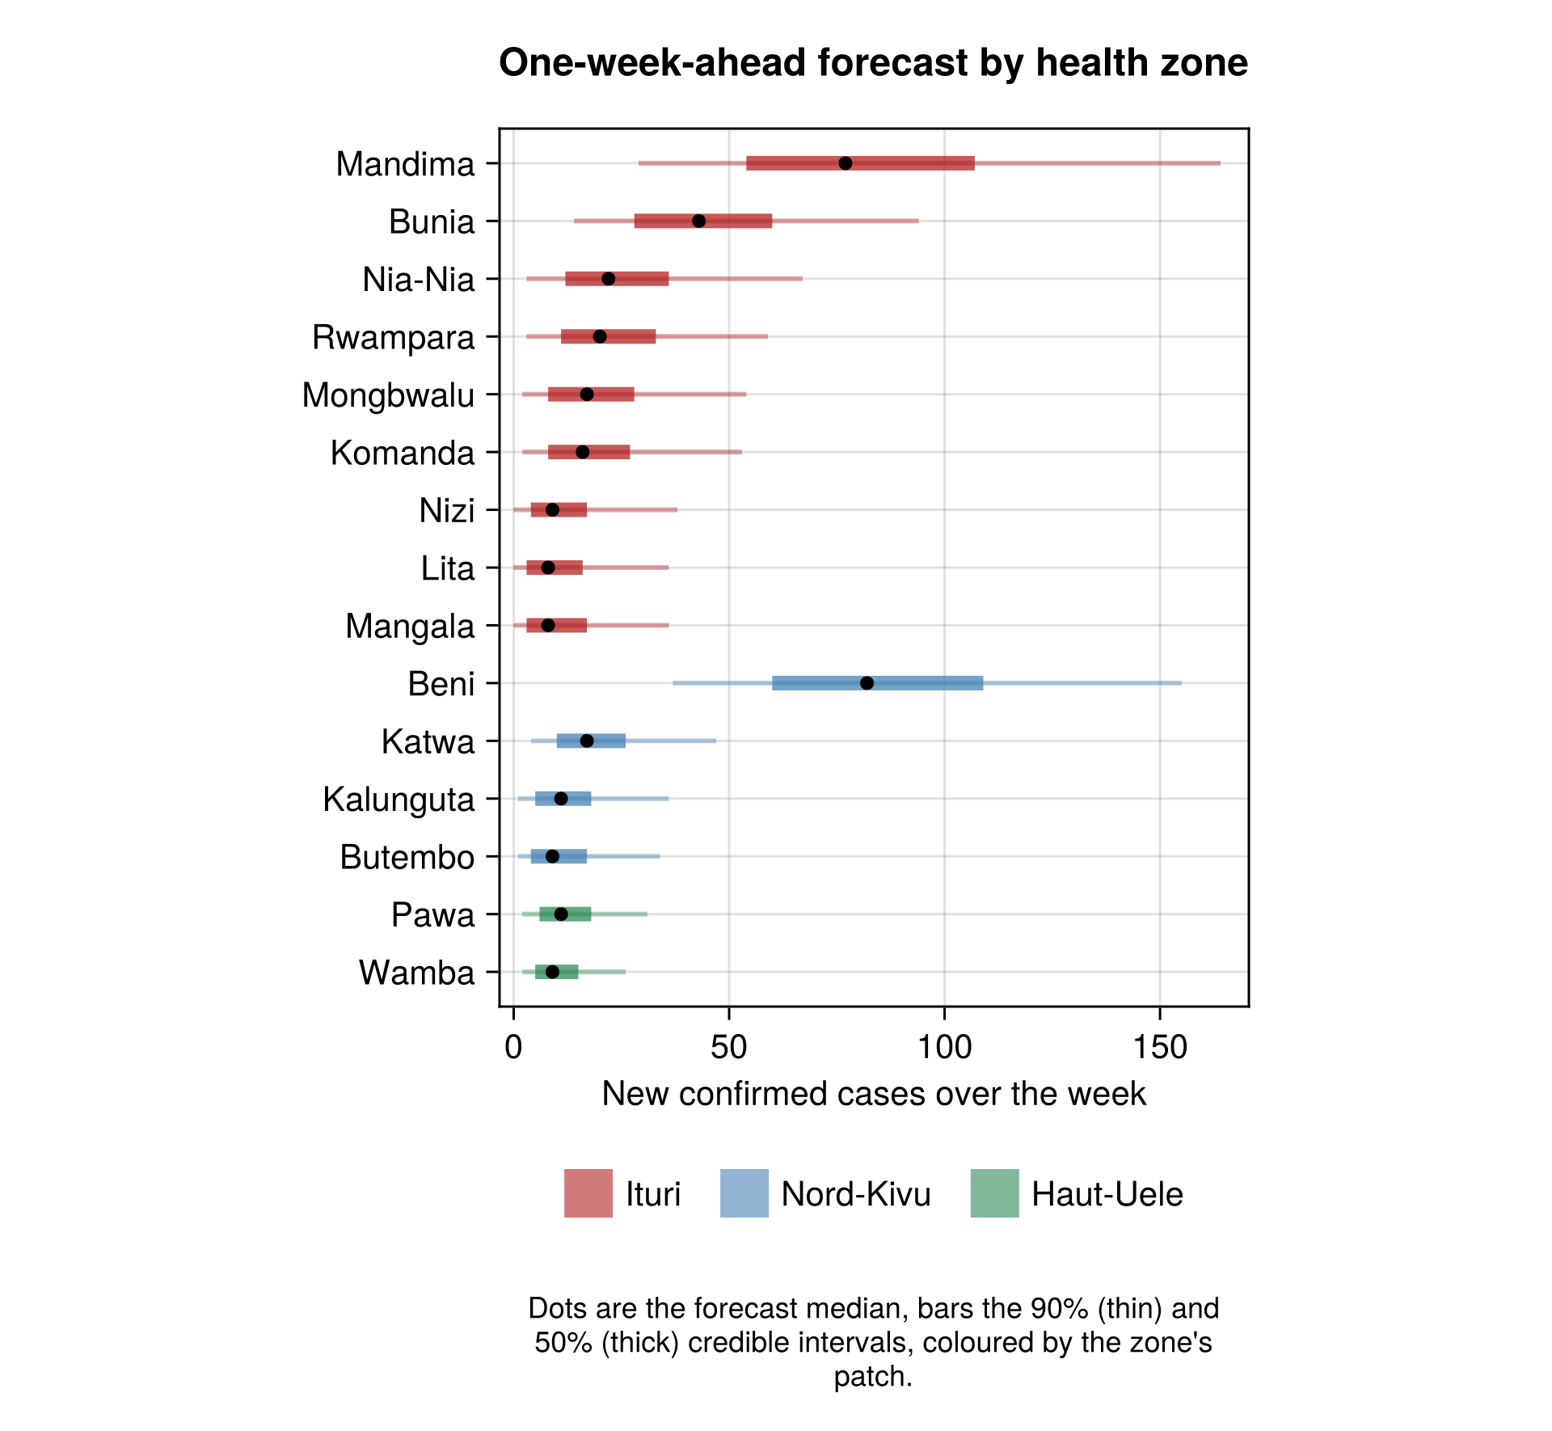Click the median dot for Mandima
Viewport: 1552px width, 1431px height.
pos(846,163)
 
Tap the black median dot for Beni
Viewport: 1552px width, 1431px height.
pos(867,683)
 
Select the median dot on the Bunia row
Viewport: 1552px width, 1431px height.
pos(699,221)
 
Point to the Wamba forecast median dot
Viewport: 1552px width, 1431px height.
pos(552,972)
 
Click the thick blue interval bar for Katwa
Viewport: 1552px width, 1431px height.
pos(591,741)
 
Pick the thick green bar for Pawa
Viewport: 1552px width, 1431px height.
pos(565,914)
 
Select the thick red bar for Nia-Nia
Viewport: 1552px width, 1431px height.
pos(617,279)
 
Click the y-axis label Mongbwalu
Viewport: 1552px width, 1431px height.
pos(388,395)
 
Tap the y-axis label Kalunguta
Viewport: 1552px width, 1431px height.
pos(399,800)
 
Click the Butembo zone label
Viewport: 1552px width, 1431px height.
pos(407,857)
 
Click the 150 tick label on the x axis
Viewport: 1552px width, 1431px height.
pos(1160,1048)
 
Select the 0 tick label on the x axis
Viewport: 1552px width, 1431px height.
pos(513,1048)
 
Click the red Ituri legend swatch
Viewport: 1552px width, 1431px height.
pos(588,1193)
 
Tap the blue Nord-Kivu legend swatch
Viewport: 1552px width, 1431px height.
pos(744,1193)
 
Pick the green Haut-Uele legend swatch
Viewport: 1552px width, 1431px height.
pos(995,1193)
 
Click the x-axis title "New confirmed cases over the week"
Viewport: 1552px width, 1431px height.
pos(874,1094)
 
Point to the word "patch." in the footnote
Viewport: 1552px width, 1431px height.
pos(873,1376)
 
